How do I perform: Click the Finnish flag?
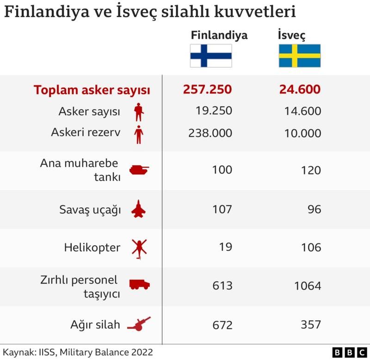point(211,56)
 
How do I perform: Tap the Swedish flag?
point(299,56)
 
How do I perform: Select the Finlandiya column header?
point(219,35)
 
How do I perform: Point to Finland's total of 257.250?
point(208,90)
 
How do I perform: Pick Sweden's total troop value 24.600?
point(300,90)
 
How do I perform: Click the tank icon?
point(139,170)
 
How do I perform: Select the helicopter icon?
point(138,248)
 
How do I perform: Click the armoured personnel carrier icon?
point(139,285)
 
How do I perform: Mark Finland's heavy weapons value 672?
point(222,325)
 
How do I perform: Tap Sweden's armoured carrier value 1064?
point(307,286)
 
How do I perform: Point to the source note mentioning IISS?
point(77,352)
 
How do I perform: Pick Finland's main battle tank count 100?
point(222,170)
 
